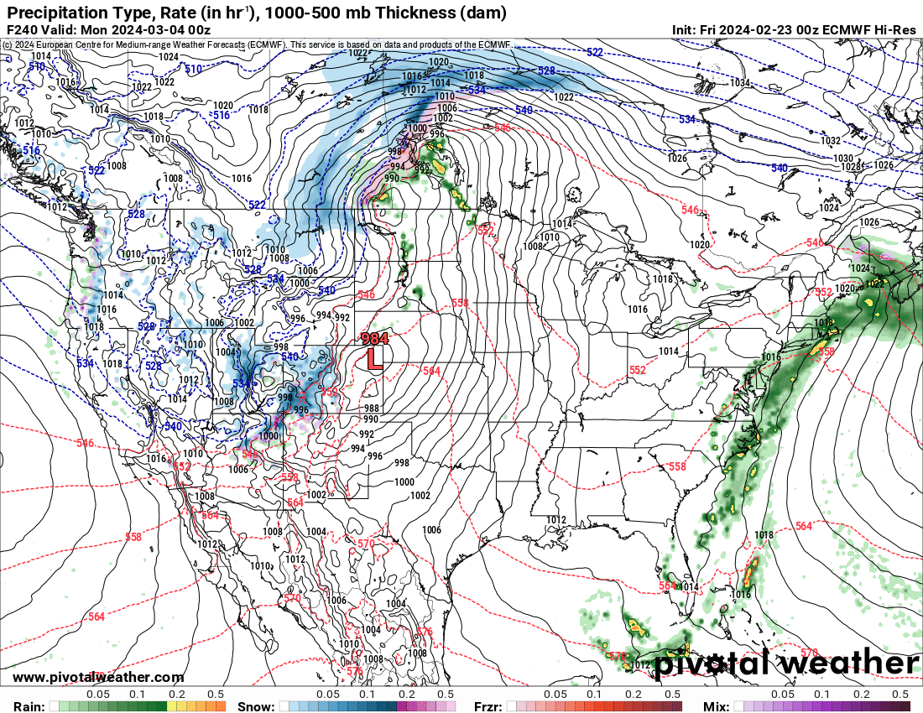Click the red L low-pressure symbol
pyautogui.click(x=375, y=359)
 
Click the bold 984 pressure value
pyautogui.click(x=374, y=340)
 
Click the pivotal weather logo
pyautogui.click(x=785, y=664)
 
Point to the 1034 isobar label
pyautogui.click(x=739, y=83)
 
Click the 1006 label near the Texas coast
pyautogui.click(x=432, y=530)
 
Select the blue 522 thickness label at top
pyautogui.click(x=594, y=52)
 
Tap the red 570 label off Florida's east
pyautogui.click(x=809, y=652)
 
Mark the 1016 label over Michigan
pyautogui.click(x=638, y=310)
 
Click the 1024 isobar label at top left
pyautogui.click(x=169, y=57)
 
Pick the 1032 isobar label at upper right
pyautogui.click(x=831, y=141)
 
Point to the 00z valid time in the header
pyautogui.click(x=198, y=29)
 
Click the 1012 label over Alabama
pyautogui.click(x=555, y=520)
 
